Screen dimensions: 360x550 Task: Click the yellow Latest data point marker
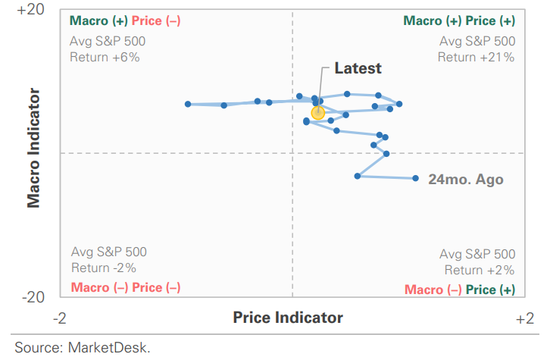click(x=318, y=112)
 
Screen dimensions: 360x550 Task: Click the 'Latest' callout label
click(x=358, y=68)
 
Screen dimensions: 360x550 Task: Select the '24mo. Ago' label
click(x=465, y=180)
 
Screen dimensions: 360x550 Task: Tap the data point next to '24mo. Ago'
click(x=416, y=178)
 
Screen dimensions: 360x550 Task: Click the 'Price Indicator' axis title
click(x=288, y=318)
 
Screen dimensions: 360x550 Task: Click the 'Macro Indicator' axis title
click(x=33, y=148)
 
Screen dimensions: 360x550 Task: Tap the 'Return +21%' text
click(x=476, y=57)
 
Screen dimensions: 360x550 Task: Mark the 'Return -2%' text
click(x=104, y=268)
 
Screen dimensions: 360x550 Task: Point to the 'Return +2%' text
click(x=479, y=270)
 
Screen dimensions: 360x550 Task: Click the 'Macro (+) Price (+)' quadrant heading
click(x=459, y=21)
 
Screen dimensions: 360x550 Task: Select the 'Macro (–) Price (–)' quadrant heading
click(x=125, y=287)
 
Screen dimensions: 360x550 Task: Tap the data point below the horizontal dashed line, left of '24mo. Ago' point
click(x=358, y=176)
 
